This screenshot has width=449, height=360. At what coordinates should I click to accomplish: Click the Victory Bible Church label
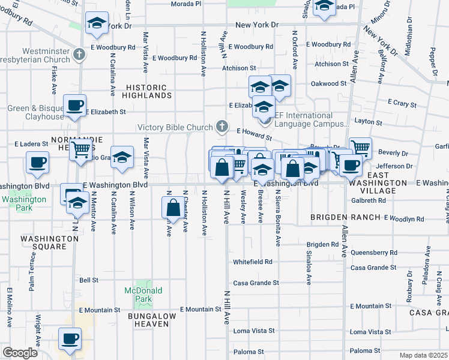point(175,127)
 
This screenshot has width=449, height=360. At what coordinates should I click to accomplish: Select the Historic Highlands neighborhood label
point(148,91)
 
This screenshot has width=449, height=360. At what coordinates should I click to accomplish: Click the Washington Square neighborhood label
point(50,242)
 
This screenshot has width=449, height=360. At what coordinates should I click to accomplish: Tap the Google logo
point(20,353)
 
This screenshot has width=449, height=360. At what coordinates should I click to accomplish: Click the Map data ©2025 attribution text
point(424,355)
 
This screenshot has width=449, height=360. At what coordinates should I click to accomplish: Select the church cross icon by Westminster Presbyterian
point(78,56)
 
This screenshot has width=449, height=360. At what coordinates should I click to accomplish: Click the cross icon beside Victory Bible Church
point(222,127)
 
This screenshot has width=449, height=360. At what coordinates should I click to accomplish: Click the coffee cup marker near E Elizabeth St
point(74,106)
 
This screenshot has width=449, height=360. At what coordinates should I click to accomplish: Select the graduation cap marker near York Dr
point(96,23)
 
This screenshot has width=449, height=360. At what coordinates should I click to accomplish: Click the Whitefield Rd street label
point(253,262)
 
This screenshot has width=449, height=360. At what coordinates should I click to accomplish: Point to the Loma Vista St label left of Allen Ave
point(253,331)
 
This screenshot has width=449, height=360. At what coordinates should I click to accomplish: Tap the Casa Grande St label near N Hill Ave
point(256,283)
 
